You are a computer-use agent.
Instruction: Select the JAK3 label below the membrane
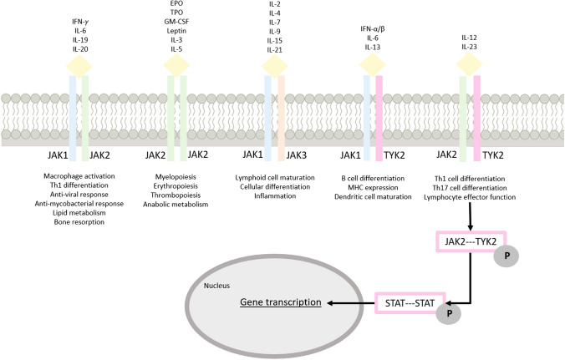(296, 155)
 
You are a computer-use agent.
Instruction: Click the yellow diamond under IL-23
(470, 64)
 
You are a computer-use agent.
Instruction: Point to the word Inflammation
(274, 196)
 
